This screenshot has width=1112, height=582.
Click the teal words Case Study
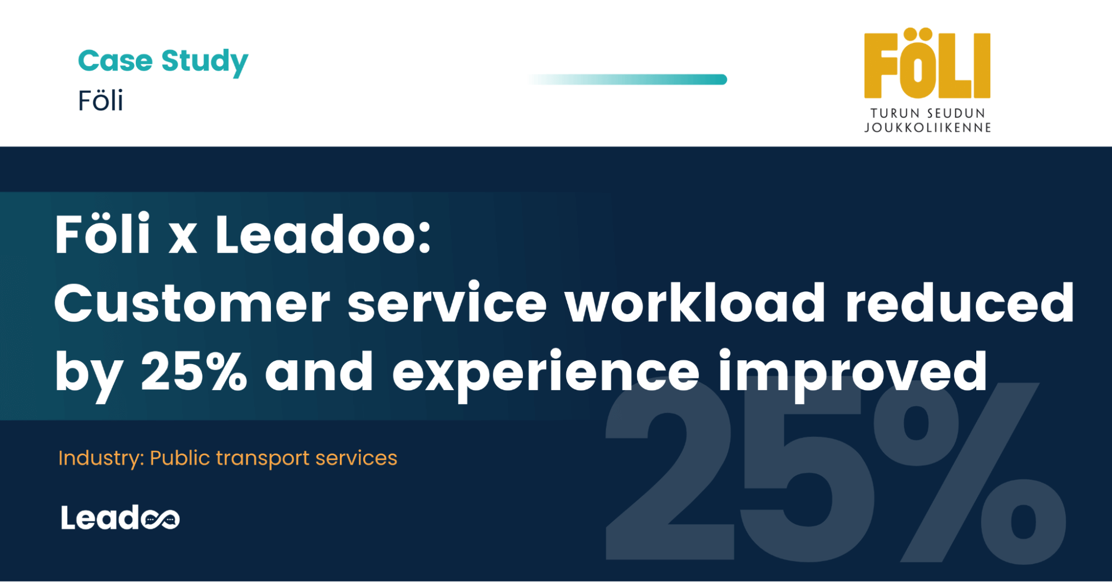pos(162,61)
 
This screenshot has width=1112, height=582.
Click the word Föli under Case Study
pos(100,101)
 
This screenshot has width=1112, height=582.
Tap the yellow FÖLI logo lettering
pos(927,64)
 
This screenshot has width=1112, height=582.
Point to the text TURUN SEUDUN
pos(927,113)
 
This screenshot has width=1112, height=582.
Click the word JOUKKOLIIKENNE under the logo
pos(927,128)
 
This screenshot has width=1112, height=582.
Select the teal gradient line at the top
pos(629,79)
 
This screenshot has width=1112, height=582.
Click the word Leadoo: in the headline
pos(323,235)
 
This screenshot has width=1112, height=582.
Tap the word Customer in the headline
pos(192,304)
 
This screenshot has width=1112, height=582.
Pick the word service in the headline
pos(447,304)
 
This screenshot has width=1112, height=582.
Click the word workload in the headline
pos(695,304)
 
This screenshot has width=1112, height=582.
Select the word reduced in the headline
pos(960,304)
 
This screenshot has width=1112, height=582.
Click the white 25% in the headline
pos(194,371)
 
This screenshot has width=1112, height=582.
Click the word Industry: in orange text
pos(101,458)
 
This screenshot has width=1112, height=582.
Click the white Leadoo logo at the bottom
pos(120,518)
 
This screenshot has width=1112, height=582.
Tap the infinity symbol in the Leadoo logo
pos(160,520)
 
